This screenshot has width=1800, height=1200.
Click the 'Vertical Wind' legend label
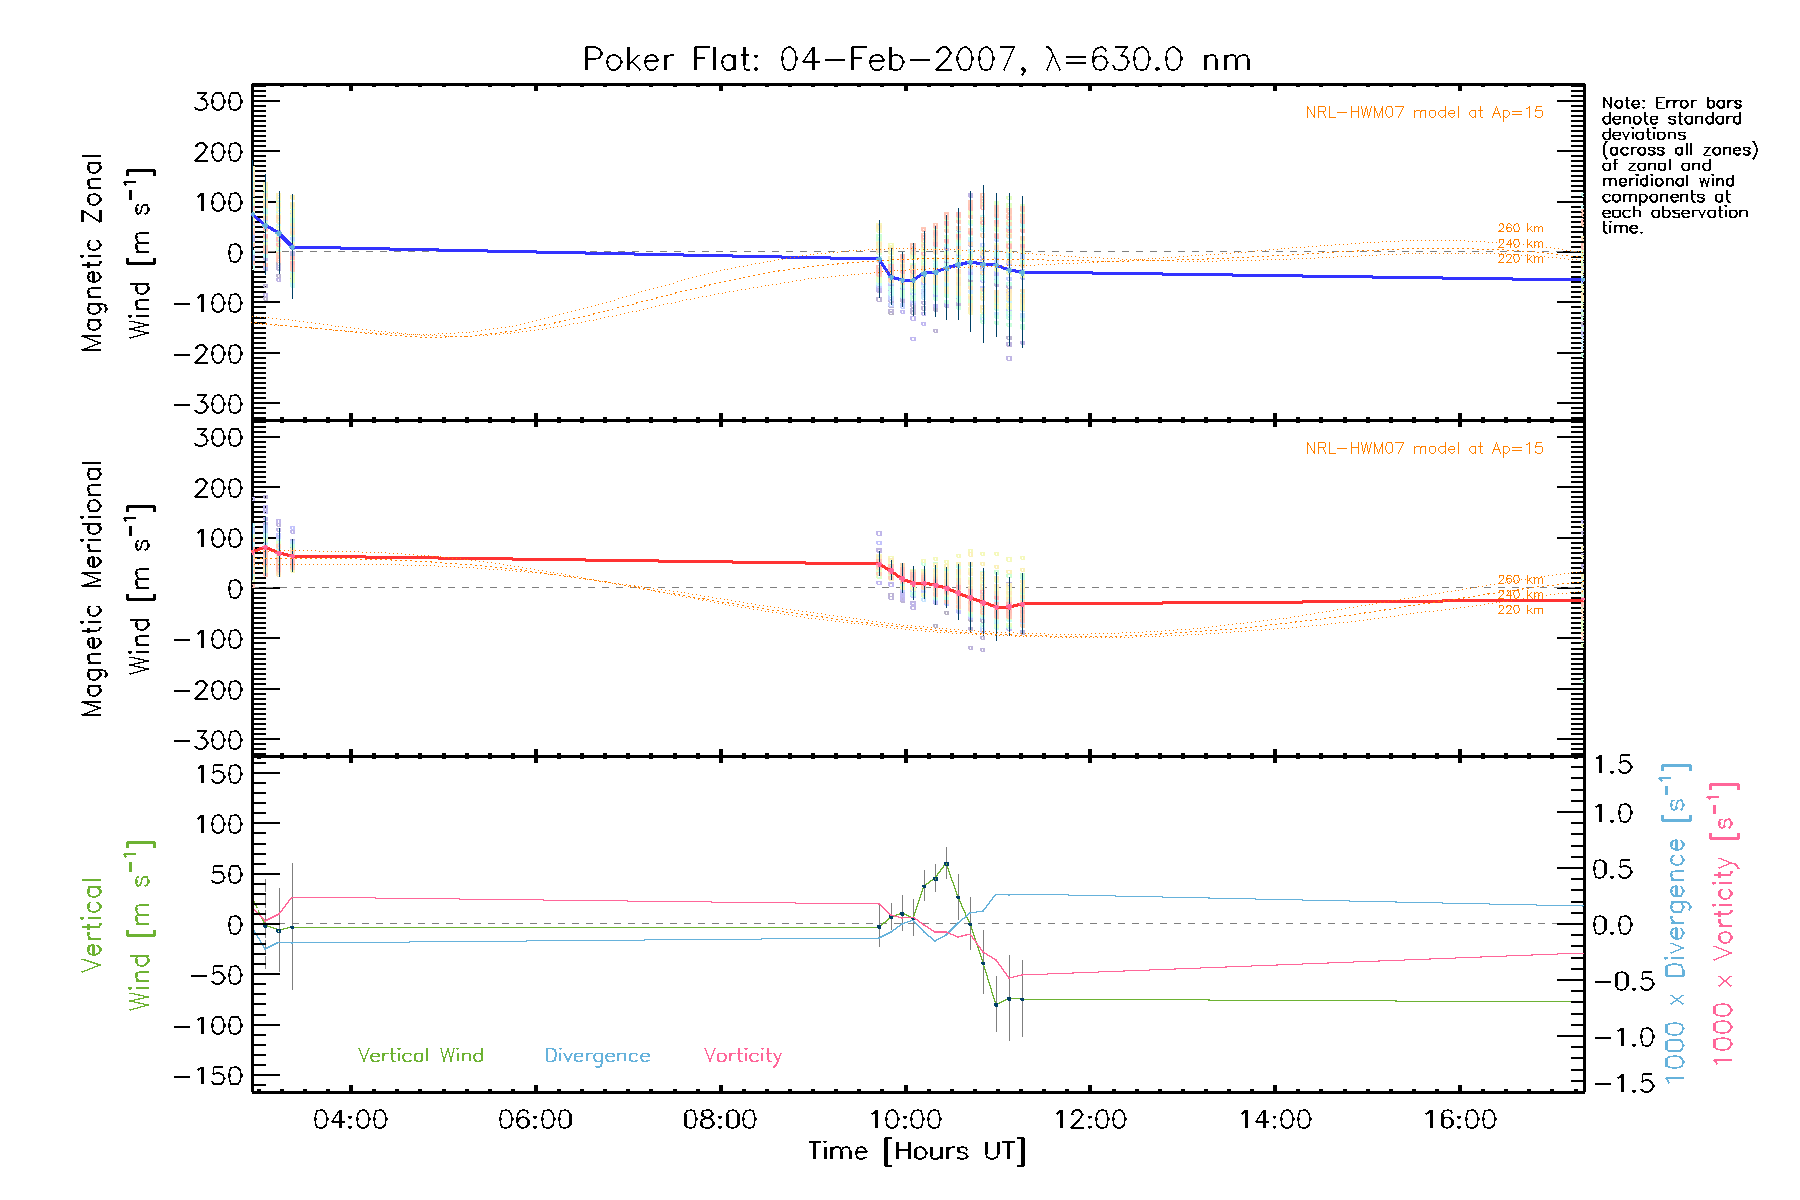[x=420, y=1055]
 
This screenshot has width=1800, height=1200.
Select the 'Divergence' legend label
[x=597, y=1056]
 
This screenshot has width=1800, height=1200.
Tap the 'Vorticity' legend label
[x=742, y=1055]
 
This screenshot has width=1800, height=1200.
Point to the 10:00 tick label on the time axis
[x=905, y=1119]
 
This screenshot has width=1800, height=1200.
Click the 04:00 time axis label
[x=350, y=1119]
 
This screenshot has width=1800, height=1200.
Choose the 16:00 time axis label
[x=1460, y=1119]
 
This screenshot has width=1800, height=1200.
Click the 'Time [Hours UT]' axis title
[x=917, y=1151]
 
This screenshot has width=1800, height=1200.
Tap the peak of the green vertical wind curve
[x=946, y=863]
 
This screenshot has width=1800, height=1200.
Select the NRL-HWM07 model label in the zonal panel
[x=1424, y=113]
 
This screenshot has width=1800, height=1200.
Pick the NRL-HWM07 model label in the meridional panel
[x=1424, y=448]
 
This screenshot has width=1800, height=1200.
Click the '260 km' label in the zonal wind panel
[x=1520, y=228]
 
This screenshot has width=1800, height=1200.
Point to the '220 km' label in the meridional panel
[x=1520, y=610]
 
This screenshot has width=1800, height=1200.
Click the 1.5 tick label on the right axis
[x=1613, y=765]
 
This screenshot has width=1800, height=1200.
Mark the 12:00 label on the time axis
[x=1090, y=1119]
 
